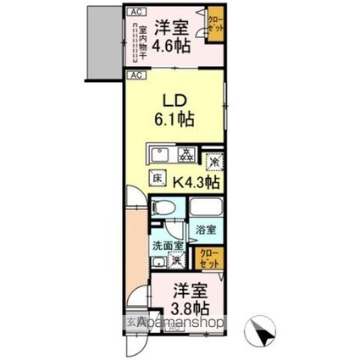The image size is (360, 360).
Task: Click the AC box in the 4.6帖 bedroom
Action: (x=136, y=12)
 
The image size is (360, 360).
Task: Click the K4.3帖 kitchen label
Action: (x=197, y=180)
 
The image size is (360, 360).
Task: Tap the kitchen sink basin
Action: (x=161, y=155)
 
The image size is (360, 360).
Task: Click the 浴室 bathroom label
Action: (x=205, y=230)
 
